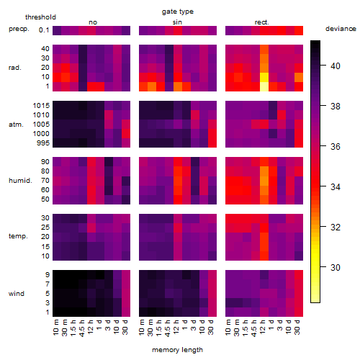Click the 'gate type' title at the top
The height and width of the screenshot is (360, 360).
178,12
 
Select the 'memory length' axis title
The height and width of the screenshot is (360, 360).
177,350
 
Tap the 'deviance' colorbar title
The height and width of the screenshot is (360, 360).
341,29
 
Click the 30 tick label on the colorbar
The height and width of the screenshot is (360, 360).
336,267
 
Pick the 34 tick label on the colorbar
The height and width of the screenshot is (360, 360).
336,186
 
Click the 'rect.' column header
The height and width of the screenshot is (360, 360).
262,22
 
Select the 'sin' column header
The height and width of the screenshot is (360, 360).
177,22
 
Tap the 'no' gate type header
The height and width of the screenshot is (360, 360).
93,22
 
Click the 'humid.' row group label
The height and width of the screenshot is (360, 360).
20,181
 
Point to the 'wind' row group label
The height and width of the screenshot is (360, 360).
17,294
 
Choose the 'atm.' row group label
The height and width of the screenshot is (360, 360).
16,125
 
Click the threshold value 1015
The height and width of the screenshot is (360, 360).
41,106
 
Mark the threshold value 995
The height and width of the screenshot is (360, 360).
43,143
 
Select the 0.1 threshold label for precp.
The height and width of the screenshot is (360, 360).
44,30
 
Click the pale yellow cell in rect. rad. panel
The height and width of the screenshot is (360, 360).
264,86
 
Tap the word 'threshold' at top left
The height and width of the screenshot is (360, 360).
40,17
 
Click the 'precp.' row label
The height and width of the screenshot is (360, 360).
19,29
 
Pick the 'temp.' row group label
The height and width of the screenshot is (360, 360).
18,236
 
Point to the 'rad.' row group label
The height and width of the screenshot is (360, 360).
15,68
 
